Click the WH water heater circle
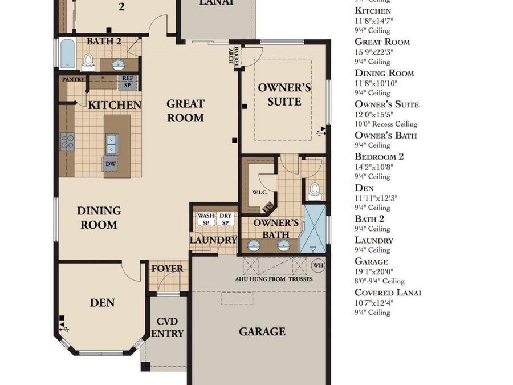pos(318,265)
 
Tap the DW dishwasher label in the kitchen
pos(111,164)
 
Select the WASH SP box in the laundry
pos(206,220)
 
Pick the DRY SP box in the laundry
pos(226,220)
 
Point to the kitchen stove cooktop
pos(67,141)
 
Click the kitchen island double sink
pos(112,144)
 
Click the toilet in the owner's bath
pos(315,191)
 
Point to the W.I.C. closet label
pos(259,193)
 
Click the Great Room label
pos(185,111)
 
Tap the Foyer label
pos(167,269)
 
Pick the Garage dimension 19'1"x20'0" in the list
pos(374,271)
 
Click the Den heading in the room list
pos(364,188)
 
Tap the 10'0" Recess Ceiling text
pos(386,124)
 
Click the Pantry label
pos(73,79)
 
